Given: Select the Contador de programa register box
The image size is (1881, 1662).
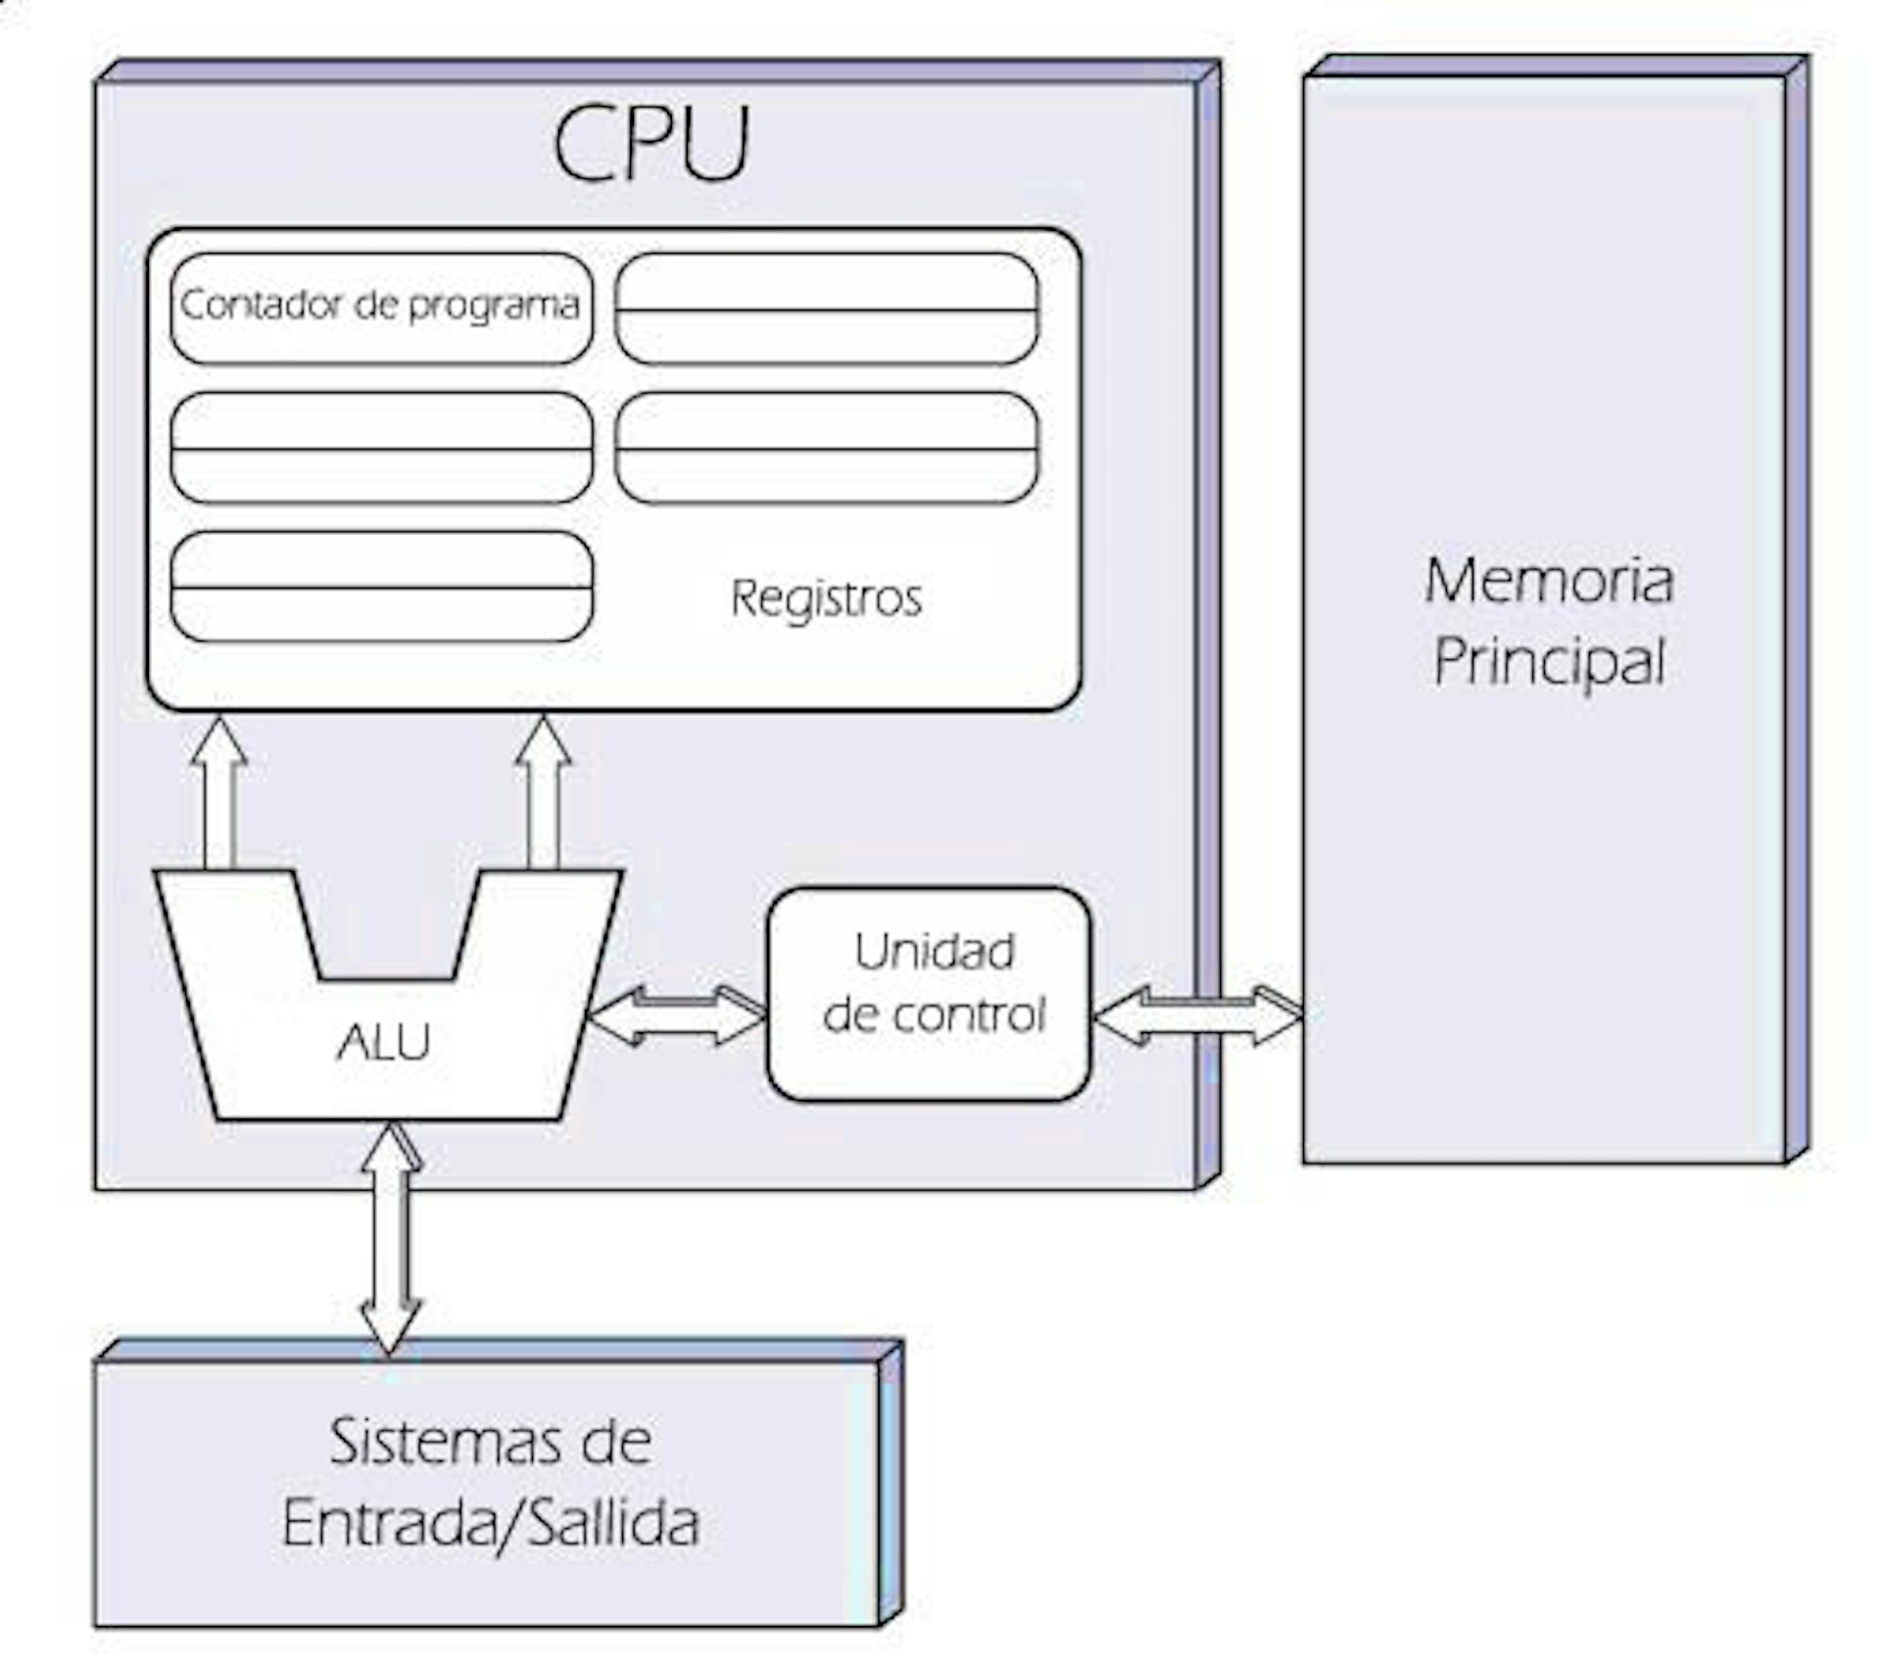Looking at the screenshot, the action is point(382,308).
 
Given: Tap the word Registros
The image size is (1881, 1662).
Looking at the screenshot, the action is point(826,597).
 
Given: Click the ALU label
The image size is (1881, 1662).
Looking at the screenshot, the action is point(383,1042).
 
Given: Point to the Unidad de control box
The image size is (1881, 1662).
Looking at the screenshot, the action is point(929,993).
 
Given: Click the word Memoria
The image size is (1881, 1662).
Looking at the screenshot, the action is point(1549,580).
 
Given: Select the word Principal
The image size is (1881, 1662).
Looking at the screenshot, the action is point(1549,663).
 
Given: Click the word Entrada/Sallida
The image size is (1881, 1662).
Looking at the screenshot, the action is point(491,1524).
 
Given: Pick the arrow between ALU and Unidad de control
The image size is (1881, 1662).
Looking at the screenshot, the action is point(677,1016).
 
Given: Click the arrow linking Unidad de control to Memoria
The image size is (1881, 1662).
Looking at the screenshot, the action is point(1197,1016).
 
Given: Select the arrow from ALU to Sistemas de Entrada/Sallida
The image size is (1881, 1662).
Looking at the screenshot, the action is point(391,1239).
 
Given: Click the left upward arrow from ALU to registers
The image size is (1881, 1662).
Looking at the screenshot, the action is point(218,792).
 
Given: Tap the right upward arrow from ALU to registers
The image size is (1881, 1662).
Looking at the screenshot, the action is point(544,792).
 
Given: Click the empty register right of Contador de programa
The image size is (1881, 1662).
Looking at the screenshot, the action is point(827,308).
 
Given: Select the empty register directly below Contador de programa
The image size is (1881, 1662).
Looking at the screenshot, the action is point(382,448).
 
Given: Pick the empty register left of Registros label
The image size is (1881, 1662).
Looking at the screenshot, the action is point(382,587).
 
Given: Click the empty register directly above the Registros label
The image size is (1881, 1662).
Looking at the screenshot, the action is point(827,448).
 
